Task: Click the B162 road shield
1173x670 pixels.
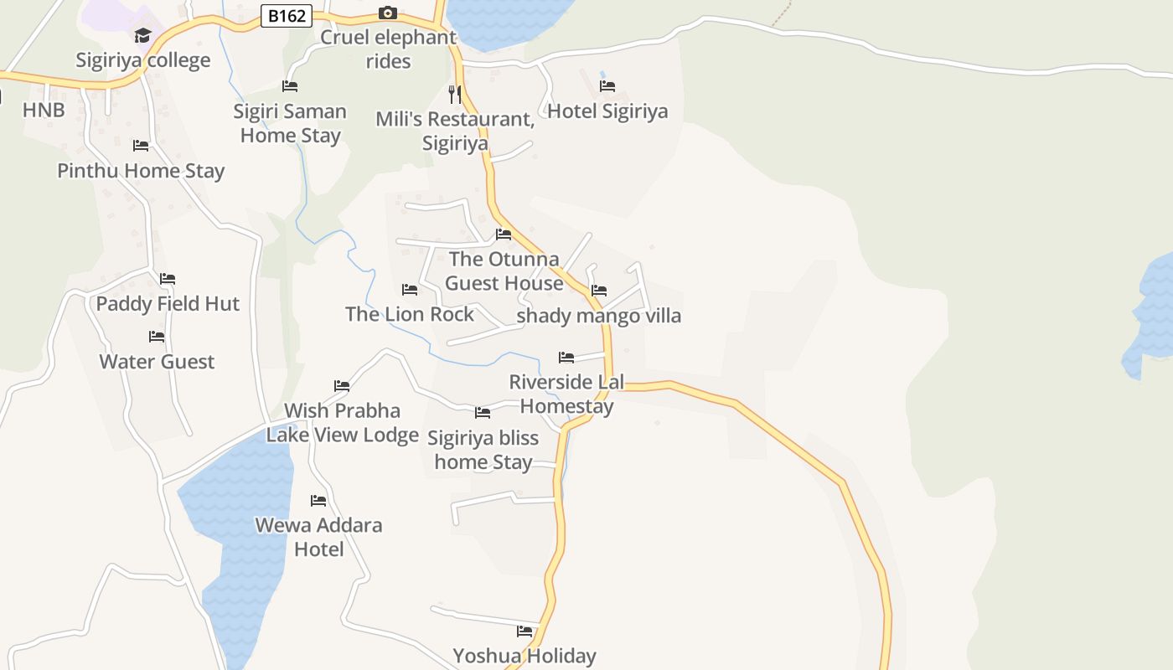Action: tap(287, 16)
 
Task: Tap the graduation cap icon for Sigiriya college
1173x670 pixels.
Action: tap(142, 35)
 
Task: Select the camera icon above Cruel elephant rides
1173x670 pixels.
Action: tap(387, 13)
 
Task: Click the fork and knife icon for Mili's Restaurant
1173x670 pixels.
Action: tap(455, 94)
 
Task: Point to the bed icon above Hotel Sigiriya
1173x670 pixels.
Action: tap(607, 86)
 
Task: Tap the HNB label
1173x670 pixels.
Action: tap(44, 111)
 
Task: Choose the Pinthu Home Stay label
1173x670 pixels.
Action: tap(141, 171)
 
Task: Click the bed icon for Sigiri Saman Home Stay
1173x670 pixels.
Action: tap(290, 86)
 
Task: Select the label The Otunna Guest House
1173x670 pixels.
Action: tap(504, 271)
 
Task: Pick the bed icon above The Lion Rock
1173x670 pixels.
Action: tap(410, 290)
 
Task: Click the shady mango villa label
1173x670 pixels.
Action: tap(599, 316)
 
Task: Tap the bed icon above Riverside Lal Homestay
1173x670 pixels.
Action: tap(566, 358)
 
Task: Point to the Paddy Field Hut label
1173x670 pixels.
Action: tap(168, 304)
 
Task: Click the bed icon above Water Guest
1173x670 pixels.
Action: tap(157, 337)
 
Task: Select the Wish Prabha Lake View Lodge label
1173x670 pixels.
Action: tap(343, 423)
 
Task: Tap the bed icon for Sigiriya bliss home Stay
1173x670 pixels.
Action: tap(483, 413)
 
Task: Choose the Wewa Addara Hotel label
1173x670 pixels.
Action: tap(318, 537)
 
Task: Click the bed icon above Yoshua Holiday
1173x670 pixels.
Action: tap(524, 631)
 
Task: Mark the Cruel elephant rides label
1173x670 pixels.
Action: tap(388, 49)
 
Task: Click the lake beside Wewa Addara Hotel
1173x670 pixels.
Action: tap(239, 536)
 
